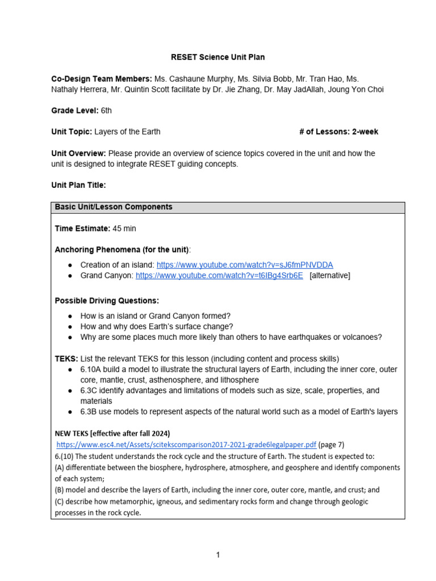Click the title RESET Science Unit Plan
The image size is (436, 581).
217,57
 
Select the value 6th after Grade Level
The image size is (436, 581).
106,111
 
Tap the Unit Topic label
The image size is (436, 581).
72,132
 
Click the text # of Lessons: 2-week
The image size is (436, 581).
338,132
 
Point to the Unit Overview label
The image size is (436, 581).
78,153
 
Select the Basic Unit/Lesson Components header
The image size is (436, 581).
114,207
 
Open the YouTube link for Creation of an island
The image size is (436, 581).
245,265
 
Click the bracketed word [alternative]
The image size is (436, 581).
330,275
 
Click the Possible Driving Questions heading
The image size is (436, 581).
107,300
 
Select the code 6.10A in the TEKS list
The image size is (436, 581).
92,369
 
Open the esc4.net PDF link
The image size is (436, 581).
186,445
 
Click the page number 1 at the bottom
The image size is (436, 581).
217,555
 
